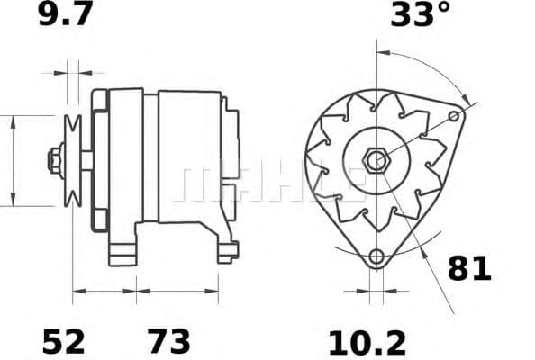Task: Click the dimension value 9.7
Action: [x=66, y=16]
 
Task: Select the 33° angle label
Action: [x=419, y=16]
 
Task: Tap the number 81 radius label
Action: [x=469, y=268]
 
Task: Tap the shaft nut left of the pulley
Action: [x=55, y=160]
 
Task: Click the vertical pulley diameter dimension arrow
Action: [x=13, y=160]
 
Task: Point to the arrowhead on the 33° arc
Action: [x=464, y=96]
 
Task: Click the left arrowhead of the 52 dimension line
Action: [x=77, y=290]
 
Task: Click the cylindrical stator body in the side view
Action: [x=189, y=157]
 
